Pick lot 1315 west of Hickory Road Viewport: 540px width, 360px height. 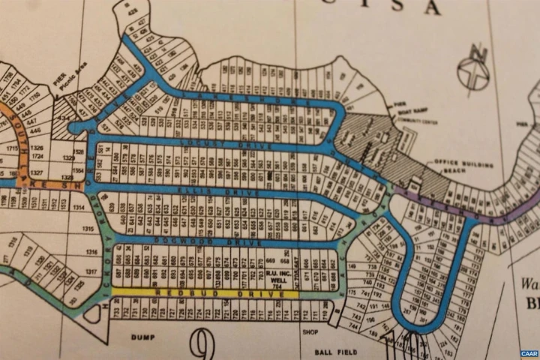pos(70,229)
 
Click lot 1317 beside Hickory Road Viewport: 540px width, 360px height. pos(70,271)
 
